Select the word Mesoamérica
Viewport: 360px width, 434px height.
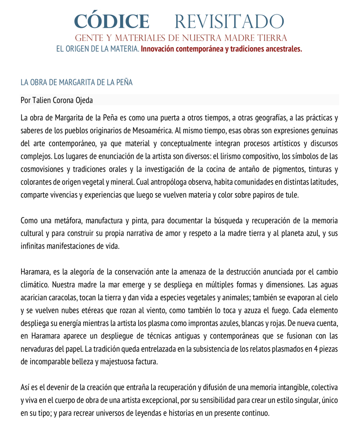tap(180, 131)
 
